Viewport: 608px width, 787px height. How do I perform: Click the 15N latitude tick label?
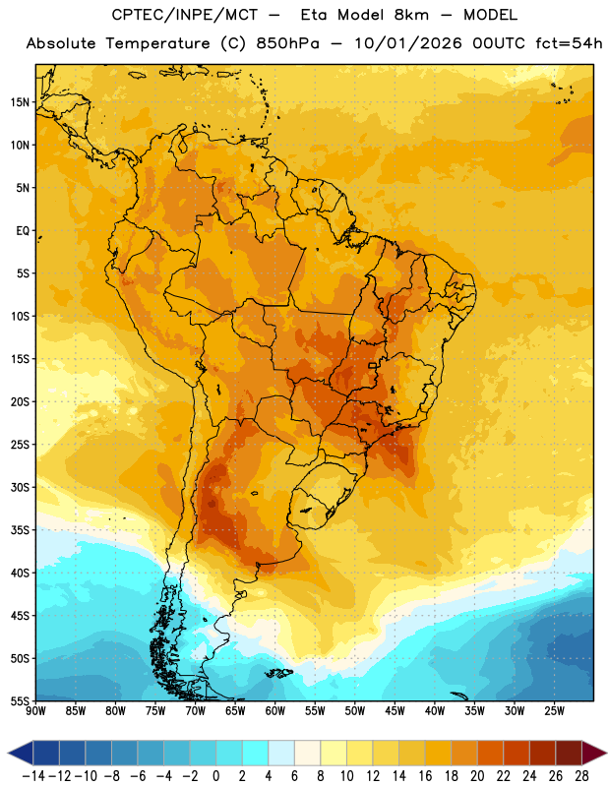point(20,102)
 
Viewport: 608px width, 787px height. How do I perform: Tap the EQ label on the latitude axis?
point(23,231)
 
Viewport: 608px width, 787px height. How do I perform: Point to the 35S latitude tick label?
point(20,530)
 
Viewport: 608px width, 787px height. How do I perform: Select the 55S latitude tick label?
point(20,701)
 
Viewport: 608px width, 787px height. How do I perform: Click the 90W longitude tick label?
point(35,711)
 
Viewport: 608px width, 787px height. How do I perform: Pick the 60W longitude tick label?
point(275,711)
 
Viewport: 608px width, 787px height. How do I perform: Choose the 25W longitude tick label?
point(554,711)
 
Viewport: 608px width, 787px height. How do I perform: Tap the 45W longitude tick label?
point(395,711)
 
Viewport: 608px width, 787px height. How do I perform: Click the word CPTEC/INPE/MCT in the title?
point(185,15)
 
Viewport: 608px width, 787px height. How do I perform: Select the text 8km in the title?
point(411,15)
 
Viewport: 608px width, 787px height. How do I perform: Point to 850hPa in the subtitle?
point(287,43)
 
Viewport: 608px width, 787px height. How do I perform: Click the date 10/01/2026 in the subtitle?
point(408,43)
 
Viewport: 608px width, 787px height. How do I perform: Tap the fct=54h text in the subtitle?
point(569,43)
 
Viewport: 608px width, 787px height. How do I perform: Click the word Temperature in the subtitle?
point(158,43)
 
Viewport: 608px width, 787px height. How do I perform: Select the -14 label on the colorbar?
point(33,776)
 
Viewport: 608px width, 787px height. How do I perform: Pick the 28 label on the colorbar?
point(581,776)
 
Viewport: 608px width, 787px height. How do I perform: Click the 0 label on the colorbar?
point(215,776)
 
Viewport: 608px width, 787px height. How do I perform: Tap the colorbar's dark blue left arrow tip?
point(9,754)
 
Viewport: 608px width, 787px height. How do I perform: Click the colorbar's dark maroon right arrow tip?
point(606,754)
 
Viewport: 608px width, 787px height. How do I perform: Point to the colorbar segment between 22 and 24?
point(517,754)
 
